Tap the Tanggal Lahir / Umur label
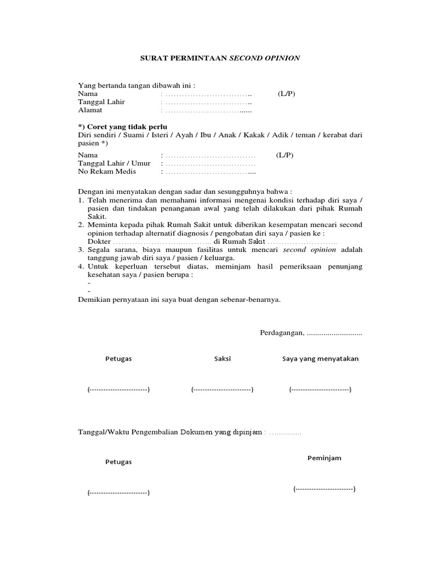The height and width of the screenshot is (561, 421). click(114, 164)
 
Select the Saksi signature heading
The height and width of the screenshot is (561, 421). click(222, 359)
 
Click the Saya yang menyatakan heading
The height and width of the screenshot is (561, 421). click(320, 359)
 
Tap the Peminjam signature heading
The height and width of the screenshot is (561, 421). click(324, 458)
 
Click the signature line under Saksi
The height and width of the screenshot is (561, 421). click(222, 390)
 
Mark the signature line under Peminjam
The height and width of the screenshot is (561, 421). click(324, 488)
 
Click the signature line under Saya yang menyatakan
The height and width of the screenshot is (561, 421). click(320, 390)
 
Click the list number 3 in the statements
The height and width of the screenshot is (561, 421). click(80, 250)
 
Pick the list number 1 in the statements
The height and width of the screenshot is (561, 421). click(80, 201)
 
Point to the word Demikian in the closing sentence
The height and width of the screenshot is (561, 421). click(94, 299)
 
